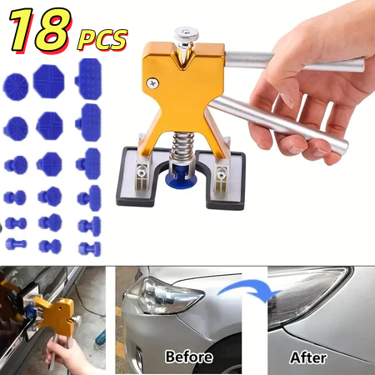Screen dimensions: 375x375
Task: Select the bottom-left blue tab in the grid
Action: click(x=16, y=244)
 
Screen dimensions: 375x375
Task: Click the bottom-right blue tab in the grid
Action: click(x=89, y=247)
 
